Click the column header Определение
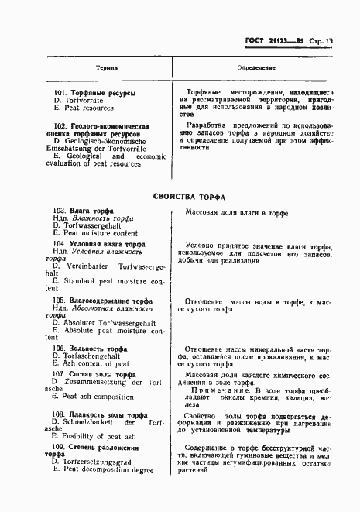coord(254,67)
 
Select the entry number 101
coord(61,93)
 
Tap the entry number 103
coord(61,211)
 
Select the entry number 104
coord(61,243)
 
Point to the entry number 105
coord(61,300)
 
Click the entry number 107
coord(61,374)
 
